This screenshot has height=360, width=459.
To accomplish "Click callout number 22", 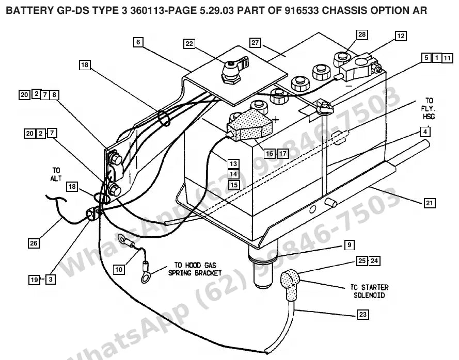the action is point(189,44).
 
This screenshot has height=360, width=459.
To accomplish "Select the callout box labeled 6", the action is point(138,42).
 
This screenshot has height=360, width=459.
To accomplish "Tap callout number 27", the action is point(255,43).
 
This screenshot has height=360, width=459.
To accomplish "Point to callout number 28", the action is point(362,35).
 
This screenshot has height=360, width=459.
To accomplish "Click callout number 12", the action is point(401,36).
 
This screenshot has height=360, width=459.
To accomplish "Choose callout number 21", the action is point(430,203).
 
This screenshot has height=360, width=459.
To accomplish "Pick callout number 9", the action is point(349,245).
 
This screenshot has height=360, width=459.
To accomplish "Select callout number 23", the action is point(362,315).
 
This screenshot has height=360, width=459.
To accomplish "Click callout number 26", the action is point(34,243).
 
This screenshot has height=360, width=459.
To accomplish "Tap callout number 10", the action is point(119,269).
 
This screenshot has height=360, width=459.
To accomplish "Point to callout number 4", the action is point(425,132).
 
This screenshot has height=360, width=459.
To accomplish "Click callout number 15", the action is point(233,185).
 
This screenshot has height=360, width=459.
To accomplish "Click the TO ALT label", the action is point(56,174).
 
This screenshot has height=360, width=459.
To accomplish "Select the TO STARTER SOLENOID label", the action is point(369,291).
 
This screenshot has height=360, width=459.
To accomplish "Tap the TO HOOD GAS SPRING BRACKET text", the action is point(195,269).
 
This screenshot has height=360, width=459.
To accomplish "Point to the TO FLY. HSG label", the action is point(429,108).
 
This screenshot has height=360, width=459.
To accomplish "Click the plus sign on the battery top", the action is point(275,119).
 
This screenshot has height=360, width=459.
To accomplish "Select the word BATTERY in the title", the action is point(28,10).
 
